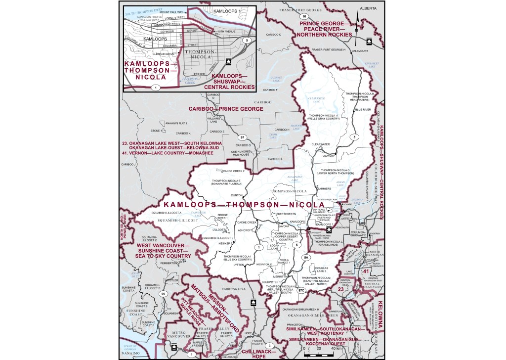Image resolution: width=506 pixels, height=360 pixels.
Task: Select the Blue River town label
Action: point(362,109)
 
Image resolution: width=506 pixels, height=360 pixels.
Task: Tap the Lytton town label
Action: point(239,265)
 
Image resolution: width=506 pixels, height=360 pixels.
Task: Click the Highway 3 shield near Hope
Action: point(269,345)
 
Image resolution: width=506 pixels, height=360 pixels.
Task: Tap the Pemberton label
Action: point(167,264)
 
